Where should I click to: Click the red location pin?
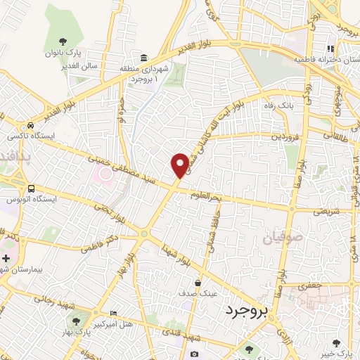(x=180, y=164)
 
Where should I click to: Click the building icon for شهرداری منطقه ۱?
(x=143, y=57)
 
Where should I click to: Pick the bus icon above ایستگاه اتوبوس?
(x=31, y=188)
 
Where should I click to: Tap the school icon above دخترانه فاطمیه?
(x=329, y=49)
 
